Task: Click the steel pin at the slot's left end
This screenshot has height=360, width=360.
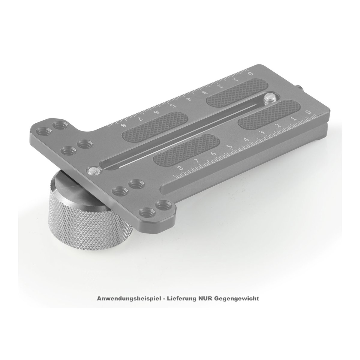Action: point(94,171)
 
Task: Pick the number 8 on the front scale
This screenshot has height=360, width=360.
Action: point(181,168)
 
